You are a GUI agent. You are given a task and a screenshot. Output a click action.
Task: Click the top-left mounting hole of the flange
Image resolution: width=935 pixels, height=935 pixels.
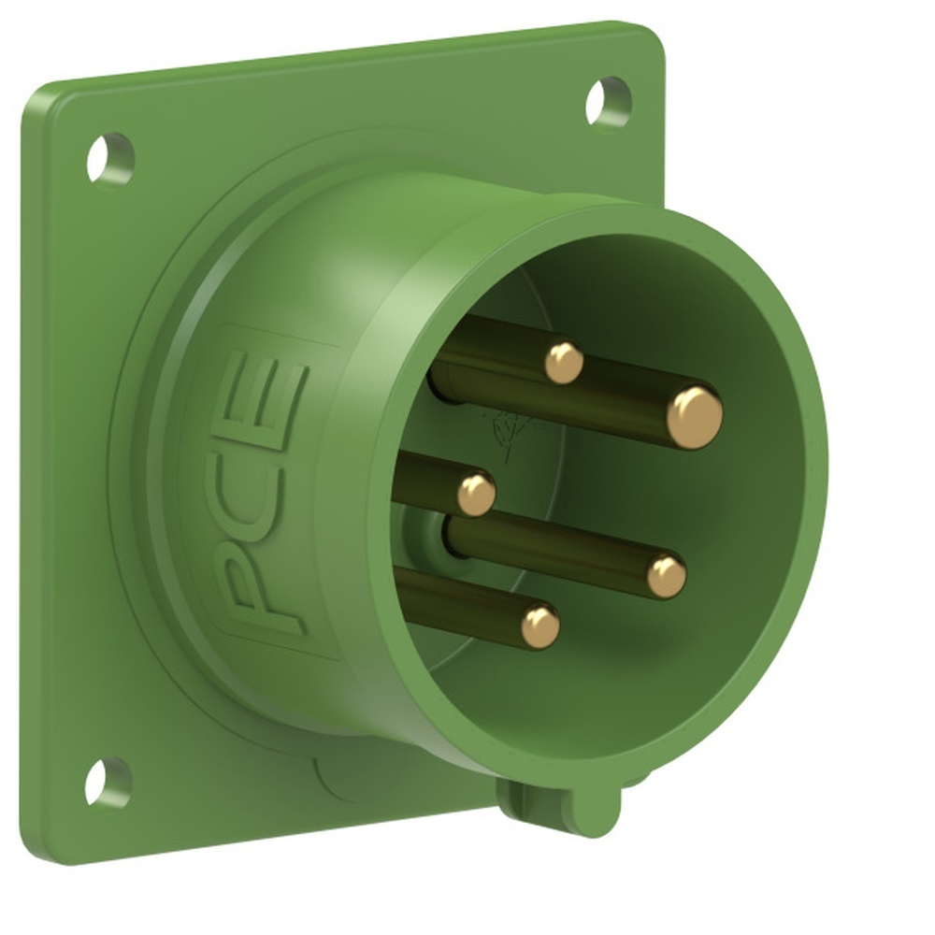point(110,158)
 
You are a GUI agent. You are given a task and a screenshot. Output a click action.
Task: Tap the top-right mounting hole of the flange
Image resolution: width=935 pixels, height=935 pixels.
point(609,102)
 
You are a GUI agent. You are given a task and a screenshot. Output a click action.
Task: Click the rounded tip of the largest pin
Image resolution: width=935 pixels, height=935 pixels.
point(695,417)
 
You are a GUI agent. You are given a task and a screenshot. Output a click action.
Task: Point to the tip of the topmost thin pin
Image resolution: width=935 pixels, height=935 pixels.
point(564,363)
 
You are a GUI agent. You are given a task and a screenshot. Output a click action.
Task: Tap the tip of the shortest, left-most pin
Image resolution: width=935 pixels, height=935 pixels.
point(476,494)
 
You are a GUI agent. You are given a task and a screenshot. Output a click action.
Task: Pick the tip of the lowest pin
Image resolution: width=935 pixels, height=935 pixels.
point(540,626)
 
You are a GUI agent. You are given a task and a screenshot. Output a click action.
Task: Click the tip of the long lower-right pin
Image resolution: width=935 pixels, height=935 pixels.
point(666,576)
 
